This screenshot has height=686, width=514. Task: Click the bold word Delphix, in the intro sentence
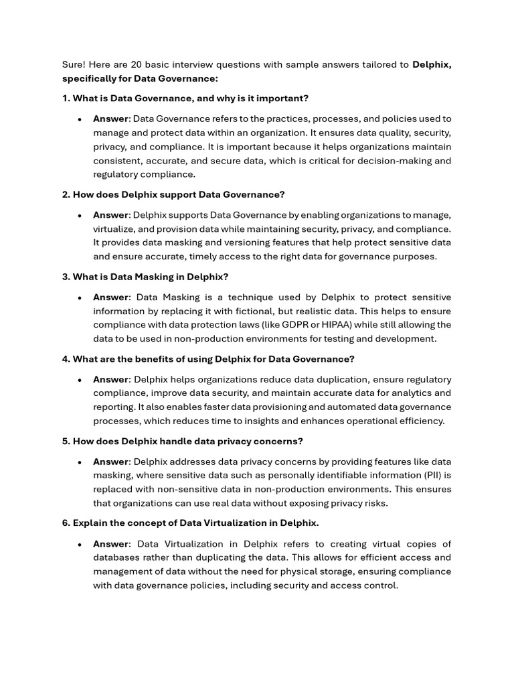click(x=432, y=64)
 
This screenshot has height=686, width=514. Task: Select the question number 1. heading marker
click(x=66, y=98)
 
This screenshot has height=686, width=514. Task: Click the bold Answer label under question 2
click(x=110, y=215)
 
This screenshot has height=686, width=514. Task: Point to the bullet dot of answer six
click(x=80, y=545)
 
